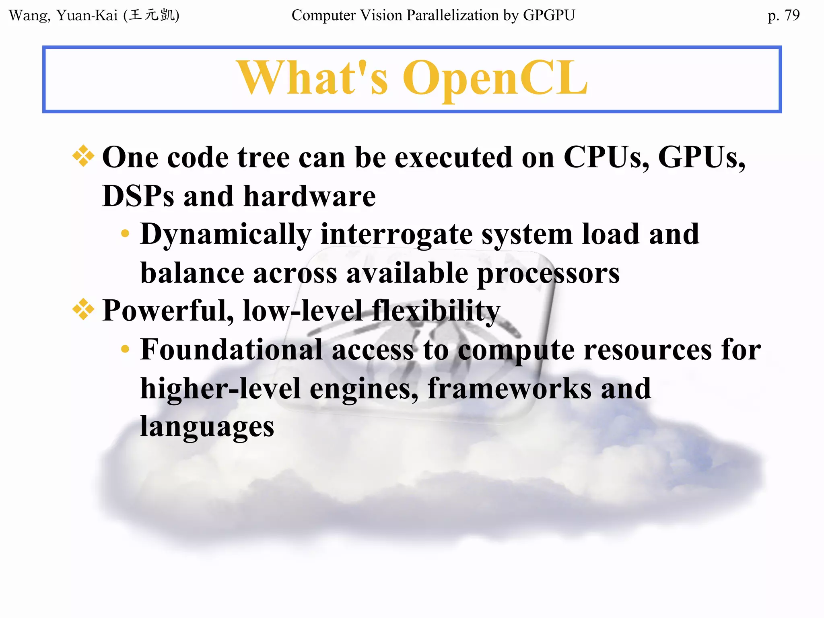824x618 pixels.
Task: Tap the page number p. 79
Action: [783, 15]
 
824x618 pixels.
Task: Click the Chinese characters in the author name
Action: [152, 15]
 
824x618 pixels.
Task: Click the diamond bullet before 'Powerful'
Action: [83, 309]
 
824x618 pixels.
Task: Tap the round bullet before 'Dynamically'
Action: [125, 233]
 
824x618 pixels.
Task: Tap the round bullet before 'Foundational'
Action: [125, 349]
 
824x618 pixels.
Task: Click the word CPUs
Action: [606, 157]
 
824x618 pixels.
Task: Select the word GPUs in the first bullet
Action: [701, 157]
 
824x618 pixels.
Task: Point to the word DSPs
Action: [138, 196]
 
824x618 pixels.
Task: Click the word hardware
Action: [309, 196]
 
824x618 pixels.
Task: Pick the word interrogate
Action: [396, 235]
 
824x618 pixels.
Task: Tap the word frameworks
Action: [509, 389]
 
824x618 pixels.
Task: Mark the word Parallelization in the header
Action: [452, 15]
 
